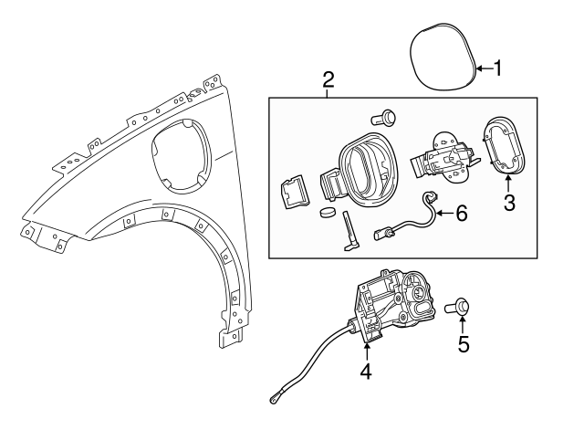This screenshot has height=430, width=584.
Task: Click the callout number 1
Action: click(499, 68)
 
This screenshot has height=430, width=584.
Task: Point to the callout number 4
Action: click(365, 372)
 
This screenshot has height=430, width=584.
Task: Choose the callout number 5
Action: click(464, 344)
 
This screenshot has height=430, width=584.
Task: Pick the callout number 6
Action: click(461, 214)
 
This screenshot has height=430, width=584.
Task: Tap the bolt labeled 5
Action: click(458, 308)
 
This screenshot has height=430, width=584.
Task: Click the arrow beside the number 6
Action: click(443, 214)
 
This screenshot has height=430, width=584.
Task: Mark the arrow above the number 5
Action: click(464, 326)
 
